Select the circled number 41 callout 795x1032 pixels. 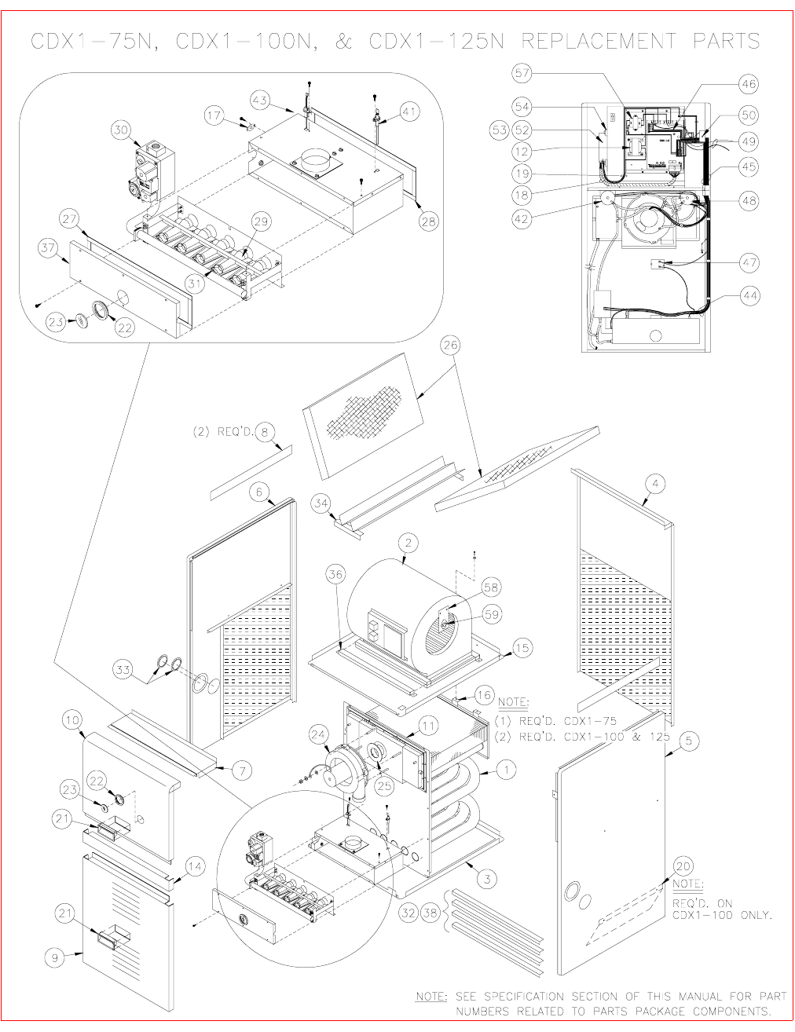click(408, 113)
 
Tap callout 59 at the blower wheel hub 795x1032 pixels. click(493, 615)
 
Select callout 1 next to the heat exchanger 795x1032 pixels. click(507, 771)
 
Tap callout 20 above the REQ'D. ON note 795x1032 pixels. click(683, 865)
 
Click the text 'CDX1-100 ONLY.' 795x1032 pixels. click(722, 916)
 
